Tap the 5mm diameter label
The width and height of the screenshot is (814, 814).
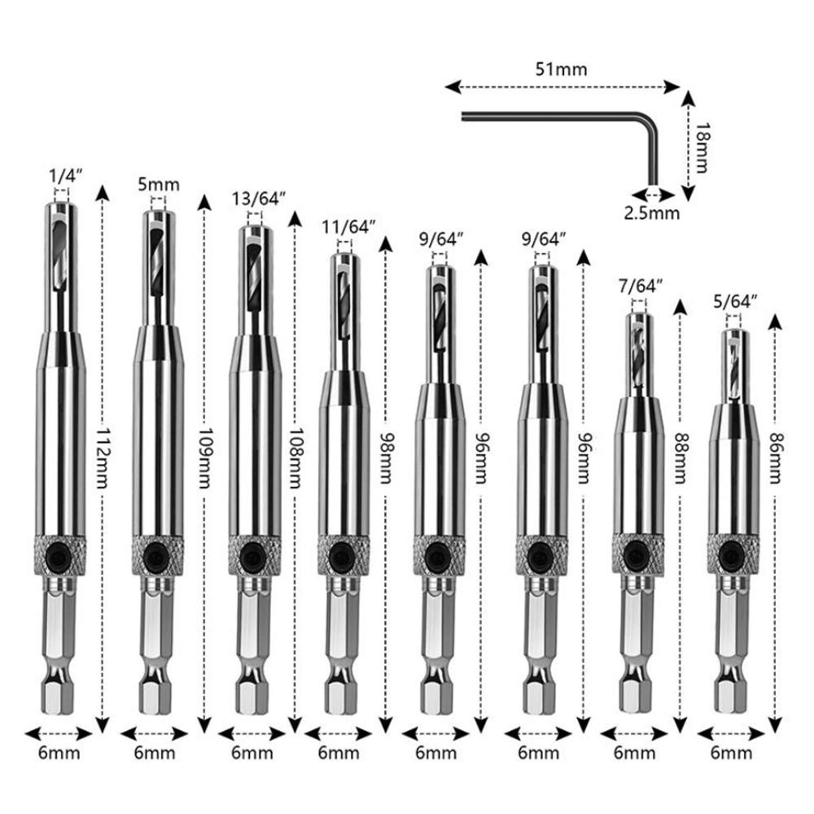point(159,184)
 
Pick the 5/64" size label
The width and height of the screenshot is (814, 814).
point(736,302)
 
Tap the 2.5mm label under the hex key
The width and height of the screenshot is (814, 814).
point(651,213)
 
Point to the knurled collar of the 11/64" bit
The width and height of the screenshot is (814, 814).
point(341,555)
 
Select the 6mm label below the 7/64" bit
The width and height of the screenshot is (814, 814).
point(635,754)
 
